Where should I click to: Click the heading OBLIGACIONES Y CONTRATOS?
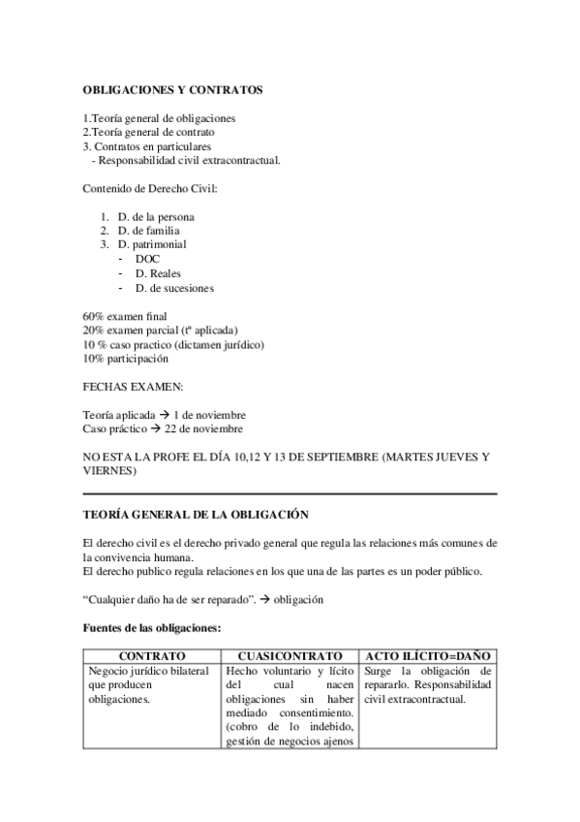click(172, 90)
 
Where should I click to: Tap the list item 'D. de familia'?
click(148, 231)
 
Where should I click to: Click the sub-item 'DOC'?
click(148, 260)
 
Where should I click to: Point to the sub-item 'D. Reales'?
click(159, 273)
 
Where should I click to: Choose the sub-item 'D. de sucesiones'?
click(174, 288)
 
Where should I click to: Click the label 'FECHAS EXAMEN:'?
click(126, 387)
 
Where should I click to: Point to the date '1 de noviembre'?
click(210, 415)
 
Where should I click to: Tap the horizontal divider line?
click(290, 493)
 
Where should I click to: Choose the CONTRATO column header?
click(152, 656)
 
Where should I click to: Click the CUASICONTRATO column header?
click(290, 656)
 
